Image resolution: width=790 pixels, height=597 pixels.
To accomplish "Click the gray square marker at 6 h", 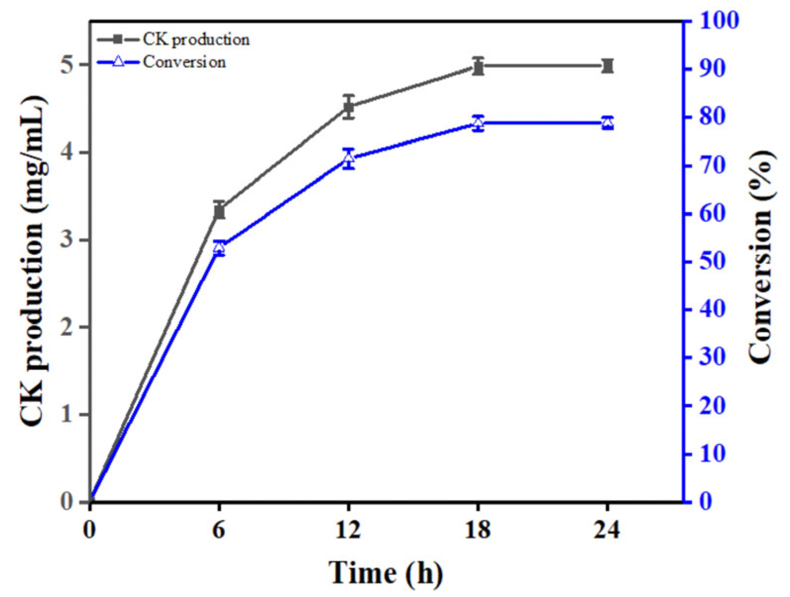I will pos(219,211).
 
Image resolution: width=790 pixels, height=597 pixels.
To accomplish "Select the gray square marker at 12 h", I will pos(349,107).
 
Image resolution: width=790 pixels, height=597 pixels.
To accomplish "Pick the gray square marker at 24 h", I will pos(607,66).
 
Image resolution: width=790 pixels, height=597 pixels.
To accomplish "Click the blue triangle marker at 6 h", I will pos(219,247).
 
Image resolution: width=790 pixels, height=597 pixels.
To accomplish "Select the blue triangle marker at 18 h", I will pos(477,122).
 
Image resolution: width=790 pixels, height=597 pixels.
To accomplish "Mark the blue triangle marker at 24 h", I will pos(607,122).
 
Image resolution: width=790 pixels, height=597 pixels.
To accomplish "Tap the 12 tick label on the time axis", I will pos(349,530).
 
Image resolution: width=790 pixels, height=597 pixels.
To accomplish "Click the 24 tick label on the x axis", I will pos(607,530).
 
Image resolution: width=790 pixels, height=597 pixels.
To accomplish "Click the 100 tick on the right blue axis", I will pos(717,21).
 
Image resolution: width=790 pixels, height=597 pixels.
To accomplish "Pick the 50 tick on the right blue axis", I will pos(711,261).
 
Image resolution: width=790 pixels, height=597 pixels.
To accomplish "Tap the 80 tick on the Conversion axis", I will pos(711,117).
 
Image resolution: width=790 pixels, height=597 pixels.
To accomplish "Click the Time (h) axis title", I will pos(386,573).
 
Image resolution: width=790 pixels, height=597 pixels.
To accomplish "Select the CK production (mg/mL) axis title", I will pos(34,262).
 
